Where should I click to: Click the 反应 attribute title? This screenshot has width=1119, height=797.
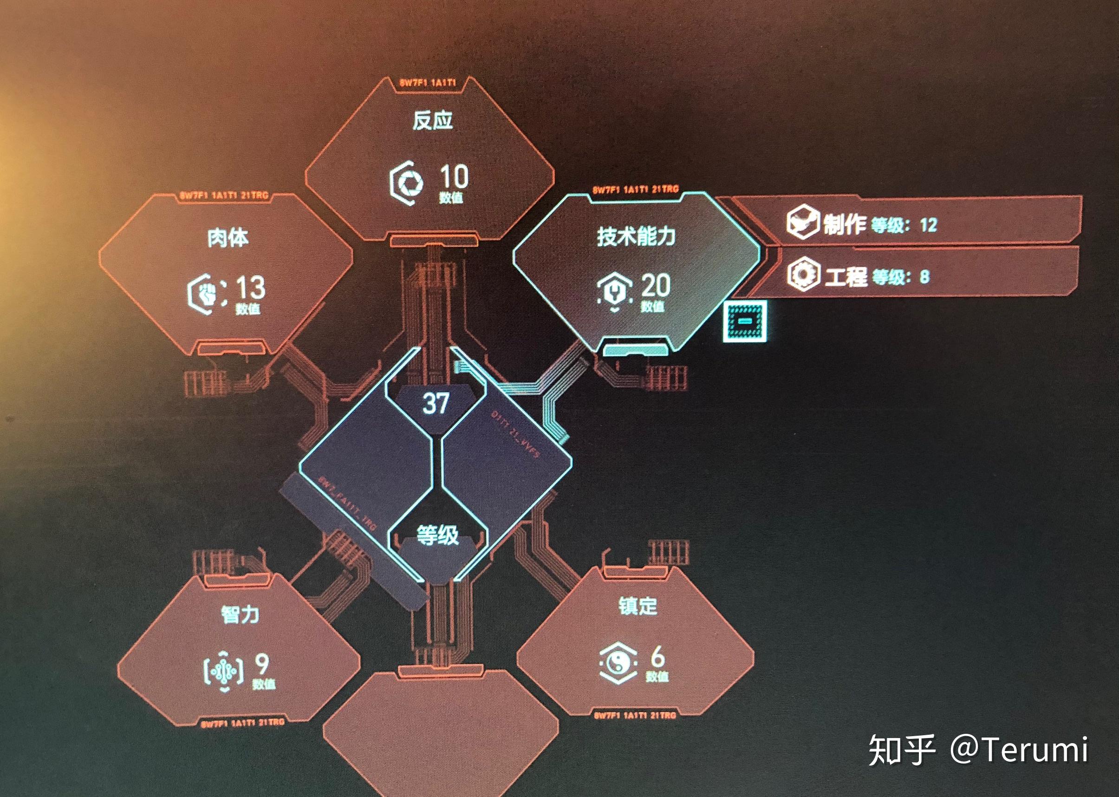(432, 120)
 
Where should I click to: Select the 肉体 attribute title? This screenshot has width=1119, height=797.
(228, 238)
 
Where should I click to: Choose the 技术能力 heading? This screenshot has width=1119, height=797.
(636, 236)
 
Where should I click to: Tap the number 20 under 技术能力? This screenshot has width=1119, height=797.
(656, 285)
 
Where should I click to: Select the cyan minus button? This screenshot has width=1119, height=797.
(745, 321)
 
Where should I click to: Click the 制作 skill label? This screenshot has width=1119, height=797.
(844, 224)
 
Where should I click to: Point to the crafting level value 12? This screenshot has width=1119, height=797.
(928, 225)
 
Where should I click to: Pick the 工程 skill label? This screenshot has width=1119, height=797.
(846, 277)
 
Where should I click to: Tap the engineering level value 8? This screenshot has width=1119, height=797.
(924, 277)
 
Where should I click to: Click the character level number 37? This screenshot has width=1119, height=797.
(436, 404)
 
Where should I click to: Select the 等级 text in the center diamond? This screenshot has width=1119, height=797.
(437, 535)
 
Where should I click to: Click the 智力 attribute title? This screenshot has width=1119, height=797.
(240, 614)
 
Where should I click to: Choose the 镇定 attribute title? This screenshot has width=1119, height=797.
(637, 606)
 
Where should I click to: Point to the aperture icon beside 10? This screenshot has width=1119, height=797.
(407, 183)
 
